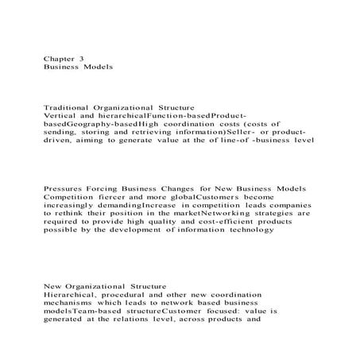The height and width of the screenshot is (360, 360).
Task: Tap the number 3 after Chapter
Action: pyautogui.click(x=83, y=57)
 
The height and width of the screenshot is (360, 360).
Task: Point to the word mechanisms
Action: pyautogui.click(x=73, y=304)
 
